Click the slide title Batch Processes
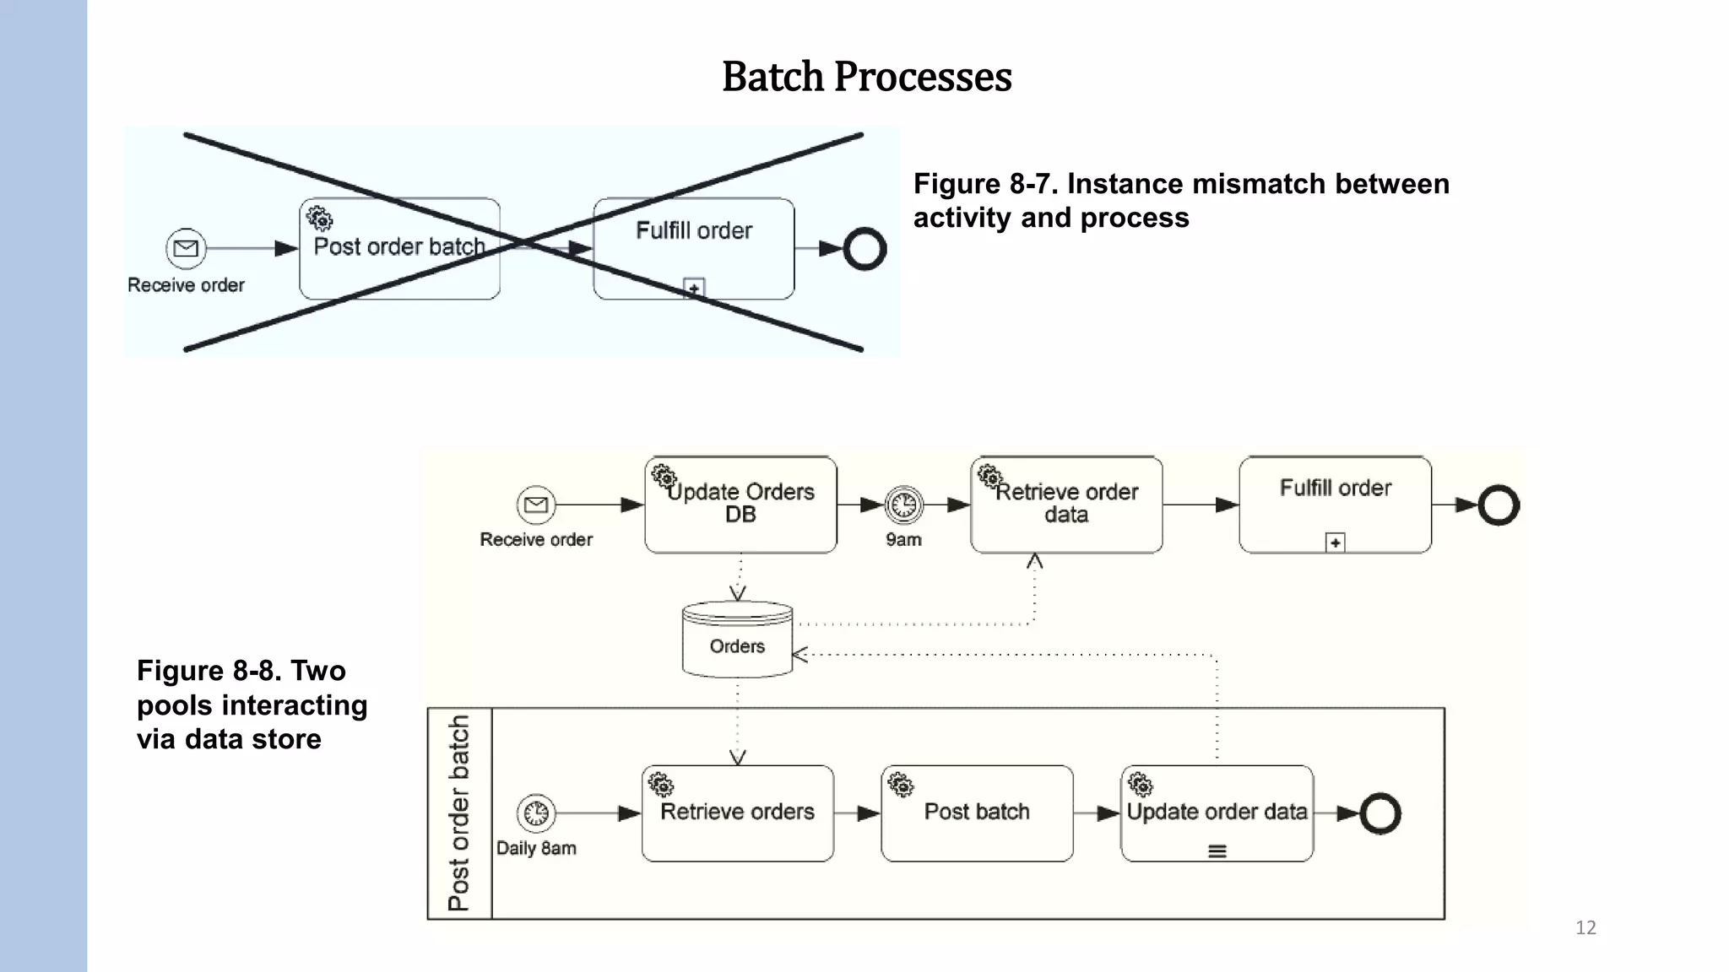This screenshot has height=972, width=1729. point(866,77)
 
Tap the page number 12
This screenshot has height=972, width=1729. point(1585,927)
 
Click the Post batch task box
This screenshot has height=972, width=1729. point(977,813)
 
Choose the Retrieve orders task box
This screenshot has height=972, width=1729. point(737,813)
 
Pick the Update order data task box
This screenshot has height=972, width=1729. point(1217,813)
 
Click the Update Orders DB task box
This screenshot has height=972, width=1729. point(740,505)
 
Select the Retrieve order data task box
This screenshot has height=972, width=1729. point(1066,505)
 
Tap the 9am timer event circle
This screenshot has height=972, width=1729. point(903,505)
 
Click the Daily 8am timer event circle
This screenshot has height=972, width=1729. point(536,813)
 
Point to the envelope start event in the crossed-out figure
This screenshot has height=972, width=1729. point(186,248)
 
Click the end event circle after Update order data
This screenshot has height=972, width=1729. point(1380,813)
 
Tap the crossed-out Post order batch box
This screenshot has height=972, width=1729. point(399,248)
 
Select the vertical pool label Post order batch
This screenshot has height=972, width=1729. point(459,813)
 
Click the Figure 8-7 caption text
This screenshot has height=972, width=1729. point(1180,201)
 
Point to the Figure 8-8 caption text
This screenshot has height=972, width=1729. point(252,705)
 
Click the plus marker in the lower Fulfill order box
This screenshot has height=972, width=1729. point(1335,543)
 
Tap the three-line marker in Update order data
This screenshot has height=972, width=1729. point(1217,851)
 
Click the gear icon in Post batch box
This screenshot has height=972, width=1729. point(901,785)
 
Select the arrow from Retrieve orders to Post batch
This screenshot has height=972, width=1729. point(858,813)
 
